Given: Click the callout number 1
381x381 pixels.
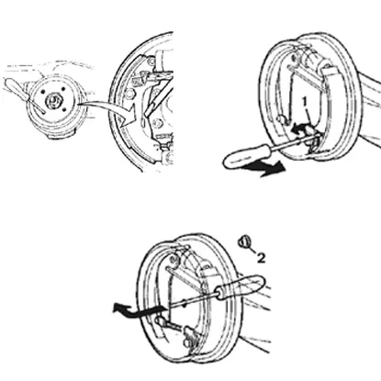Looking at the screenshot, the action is (x=305, y=101).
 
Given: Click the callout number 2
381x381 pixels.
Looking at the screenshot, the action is (x=261, y=258).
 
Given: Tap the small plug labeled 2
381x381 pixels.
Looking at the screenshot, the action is (x=244, y=241).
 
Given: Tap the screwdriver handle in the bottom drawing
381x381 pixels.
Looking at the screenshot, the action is (x=241, y=286).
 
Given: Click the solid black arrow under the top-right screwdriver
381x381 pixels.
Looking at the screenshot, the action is (x=264, y=169).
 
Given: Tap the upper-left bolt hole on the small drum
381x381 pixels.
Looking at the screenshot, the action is (x=43, y=92).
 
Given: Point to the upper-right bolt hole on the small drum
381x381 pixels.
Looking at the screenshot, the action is (x=63, y=88).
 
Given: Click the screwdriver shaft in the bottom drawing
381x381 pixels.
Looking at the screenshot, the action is (x=192, y=302).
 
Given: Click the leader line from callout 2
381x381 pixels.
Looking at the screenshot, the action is (x=252, y=250).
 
